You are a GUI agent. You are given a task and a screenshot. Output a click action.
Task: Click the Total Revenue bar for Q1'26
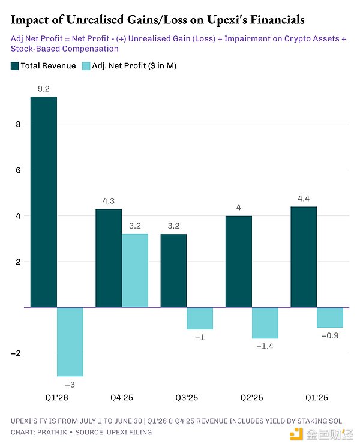[x=44, y=202]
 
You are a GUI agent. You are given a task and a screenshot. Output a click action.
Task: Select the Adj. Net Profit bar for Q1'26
[x=70, y=341]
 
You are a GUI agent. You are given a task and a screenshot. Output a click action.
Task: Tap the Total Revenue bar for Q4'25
[x=109, y=258]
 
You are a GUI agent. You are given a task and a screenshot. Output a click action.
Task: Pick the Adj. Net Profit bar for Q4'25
[x=135, y=271]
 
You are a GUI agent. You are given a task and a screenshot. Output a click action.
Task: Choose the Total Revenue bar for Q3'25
[x=173, y=271]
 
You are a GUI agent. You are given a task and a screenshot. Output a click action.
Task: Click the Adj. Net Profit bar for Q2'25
[x=265, y=323]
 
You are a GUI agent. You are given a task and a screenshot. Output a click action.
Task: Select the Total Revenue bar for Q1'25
[x=304, y=257]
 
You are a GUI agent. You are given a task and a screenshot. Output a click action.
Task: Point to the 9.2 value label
[x=44, y=88]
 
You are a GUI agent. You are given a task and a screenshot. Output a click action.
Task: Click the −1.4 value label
[x=265, y=347]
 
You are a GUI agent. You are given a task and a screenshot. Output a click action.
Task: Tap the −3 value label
[x=70, y=384]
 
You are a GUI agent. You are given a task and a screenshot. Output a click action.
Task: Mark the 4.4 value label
[x=304, y=199]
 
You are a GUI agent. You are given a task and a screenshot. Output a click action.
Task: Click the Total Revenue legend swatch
[x=14, y=65]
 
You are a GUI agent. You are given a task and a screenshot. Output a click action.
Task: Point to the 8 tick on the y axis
[x=19, y=125]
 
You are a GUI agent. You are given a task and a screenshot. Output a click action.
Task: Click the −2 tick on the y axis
[x=16, y=353]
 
